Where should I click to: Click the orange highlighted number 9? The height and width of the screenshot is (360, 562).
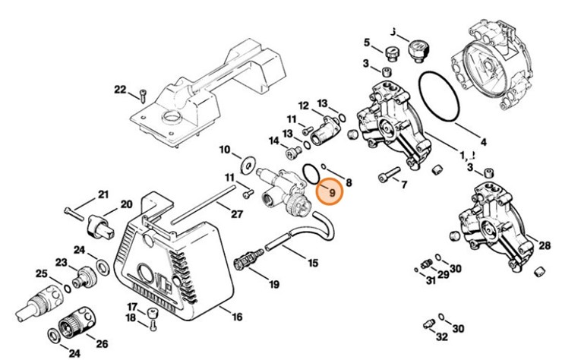coord(330,192)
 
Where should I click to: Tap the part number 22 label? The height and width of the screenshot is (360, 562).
coord(119,90)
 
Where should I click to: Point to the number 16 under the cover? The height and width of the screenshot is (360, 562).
coord(237,316)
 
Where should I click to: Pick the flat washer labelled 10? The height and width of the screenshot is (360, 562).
coord(247,163)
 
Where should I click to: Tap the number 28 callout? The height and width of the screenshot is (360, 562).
coord(544,245)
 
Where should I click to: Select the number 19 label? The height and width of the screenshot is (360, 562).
coord(273,284)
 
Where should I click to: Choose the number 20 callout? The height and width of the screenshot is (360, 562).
coord(126,204)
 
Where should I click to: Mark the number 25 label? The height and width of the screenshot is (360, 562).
coord(42,273)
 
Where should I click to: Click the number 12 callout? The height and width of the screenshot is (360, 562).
coord(303,105)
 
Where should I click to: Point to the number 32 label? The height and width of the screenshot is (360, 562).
coord(442,336)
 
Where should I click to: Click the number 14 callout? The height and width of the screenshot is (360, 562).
coord(273,141)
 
